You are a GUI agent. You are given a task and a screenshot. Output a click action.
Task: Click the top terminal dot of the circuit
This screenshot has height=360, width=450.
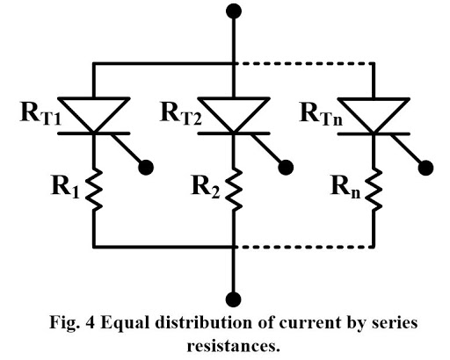pos(233,12)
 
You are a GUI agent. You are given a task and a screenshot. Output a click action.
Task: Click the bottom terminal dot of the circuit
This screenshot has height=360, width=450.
pos(233,297)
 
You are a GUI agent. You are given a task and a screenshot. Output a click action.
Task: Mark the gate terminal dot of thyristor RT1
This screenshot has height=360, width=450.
pos(147,166)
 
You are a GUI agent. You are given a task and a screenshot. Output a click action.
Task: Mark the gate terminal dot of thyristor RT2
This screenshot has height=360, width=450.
pos(287,166)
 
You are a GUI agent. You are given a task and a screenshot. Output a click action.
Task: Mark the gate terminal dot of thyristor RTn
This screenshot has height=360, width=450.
pos(427,166)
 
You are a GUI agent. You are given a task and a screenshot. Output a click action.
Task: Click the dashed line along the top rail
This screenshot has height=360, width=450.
pos(303,62)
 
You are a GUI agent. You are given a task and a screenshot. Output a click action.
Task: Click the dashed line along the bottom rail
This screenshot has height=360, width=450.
pos(303,246)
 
